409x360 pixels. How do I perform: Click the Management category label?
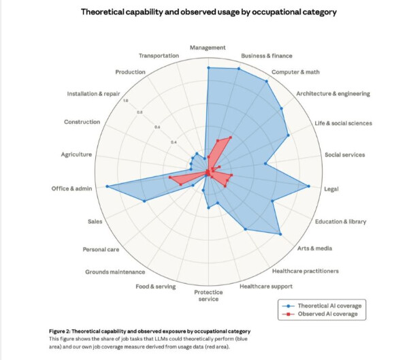click(x=208, y=48)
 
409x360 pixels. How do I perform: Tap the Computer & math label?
click(x=296, y=71)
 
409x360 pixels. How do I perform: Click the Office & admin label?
click(x=71, y=188)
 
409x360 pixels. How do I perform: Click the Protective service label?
click(x=208, y=296)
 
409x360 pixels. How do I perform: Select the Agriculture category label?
click(x=76, y=154)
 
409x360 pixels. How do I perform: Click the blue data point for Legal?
click(x=310, y=186)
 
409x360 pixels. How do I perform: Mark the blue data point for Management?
click(x=208, y=68)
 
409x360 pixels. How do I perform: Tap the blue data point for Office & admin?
click(x=107, y=186)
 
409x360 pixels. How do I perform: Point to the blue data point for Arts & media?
click(x=281, y=234)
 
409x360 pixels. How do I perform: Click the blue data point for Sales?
click(x=144, y=201)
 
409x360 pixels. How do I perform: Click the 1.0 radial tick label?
click(x=125, y=100)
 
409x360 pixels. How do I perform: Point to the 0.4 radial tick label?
click(x=154, y=142)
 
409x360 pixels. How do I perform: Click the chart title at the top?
click(x=208, y=12)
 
